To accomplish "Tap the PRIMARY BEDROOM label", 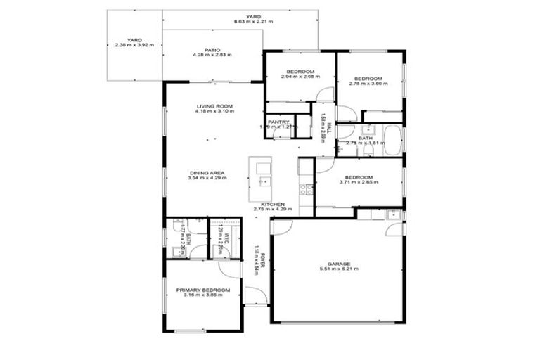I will coord(202,290).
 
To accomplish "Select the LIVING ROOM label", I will coord(214,106).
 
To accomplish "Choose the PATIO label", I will coord(214,49).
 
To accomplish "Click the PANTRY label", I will coord(279,121).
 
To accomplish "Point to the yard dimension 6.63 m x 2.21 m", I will coord(253,22).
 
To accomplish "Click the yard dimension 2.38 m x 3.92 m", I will coord(134,45).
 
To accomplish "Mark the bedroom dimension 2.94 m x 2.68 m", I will coord(300,77).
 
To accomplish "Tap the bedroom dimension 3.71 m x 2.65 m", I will coord(359,182).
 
